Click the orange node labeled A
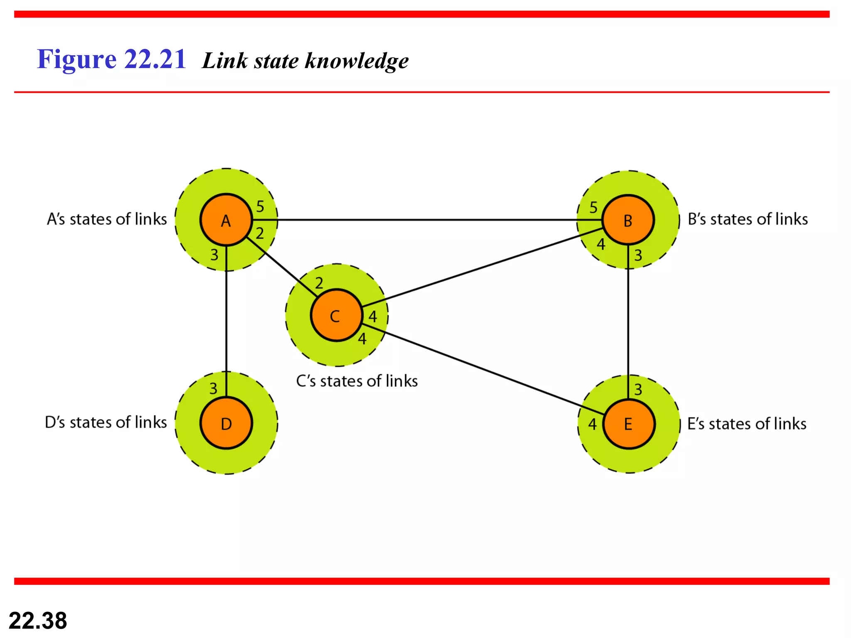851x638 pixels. click(226, 220)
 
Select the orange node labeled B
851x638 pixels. click(628, 220)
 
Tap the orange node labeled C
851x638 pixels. click(336, 315)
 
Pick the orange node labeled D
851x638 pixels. click(226, 423)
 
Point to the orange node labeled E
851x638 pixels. click(628, 424)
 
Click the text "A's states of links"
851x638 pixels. click(107, 219)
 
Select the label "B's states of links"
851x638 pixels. click(748, 219)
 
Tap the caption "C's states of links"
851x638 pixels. click(357, 381)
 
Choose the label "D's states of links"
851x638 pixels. click(106, 422)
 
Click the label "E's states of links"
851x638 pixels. click(747, 424)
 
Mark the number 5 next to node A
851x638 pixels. click(260, 206)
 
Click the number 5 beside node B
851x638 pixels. click(593, 207)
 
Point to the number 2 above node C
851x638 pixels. click(319, 283)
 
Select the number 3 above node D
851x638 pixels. click(213, 389)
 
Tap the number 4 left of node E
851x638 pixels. click(593, 424)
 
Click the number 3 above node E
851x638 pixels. click(638, 390)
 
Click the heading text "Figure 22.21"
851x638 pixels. click(111, 59)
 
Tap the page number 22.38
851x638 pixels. click(38, 621)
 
